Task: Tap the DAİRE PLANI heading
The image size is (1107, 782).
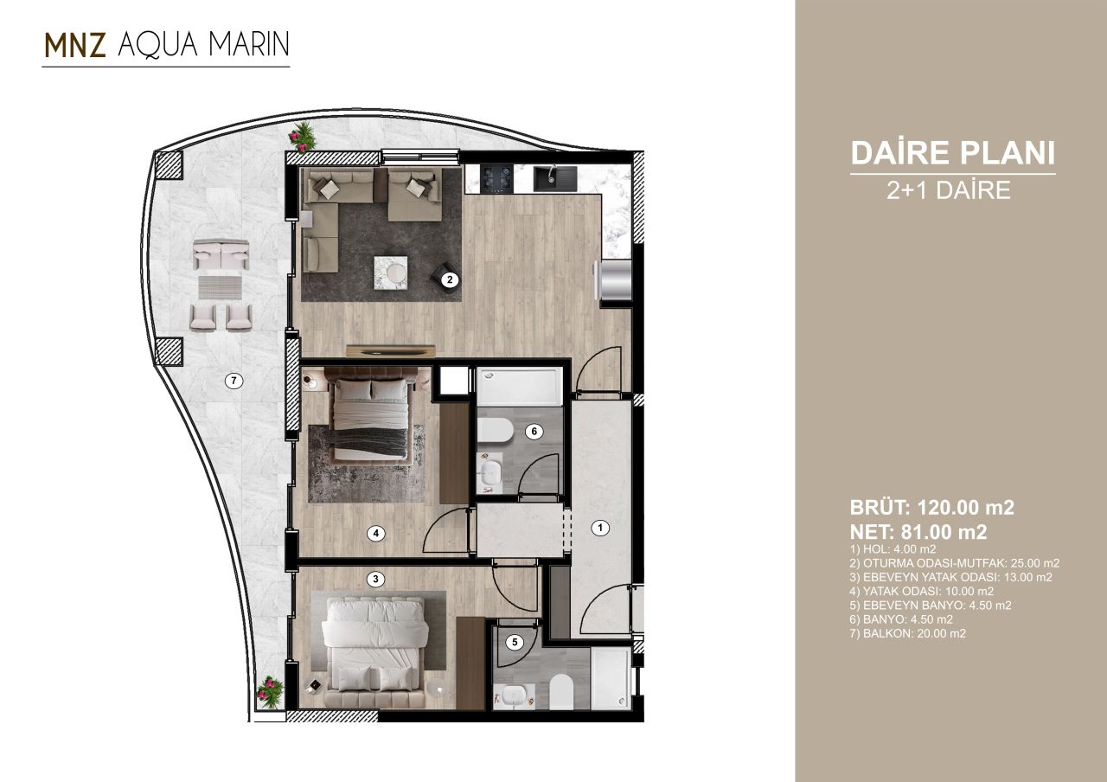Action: coord(952,153)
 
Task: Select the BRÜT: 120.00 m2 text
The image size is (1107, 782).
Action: coord(932,508)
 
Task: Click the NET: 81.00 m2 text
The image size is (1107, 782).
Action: coord(918,531)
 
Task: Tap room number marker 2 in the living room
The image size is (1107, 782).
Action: coord(449,279)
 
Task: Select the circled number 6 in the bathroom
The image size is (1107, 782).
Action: coord(534,432)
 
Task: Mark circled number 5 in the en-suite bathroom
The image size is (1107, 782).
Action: coord(515,642)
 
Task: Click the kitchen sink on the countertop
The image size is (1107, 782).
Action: coord(550,177)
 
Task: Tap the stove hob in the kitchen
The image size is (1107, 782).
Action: coord(498,178)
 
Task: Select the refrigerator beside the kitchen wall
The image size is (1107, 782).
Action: coord(615,281)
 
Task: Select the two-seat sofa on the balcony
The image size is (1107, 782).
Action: coord(221,255)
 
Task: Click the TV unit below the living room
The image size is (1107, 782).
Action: coord(390,350)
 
